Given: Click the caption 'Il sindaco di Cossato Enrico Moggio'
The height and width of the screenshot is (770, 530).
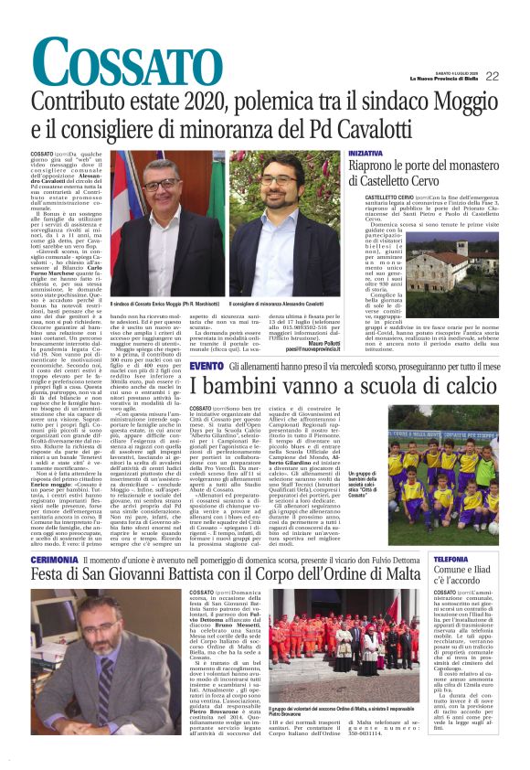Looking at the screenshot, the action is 164,303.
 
